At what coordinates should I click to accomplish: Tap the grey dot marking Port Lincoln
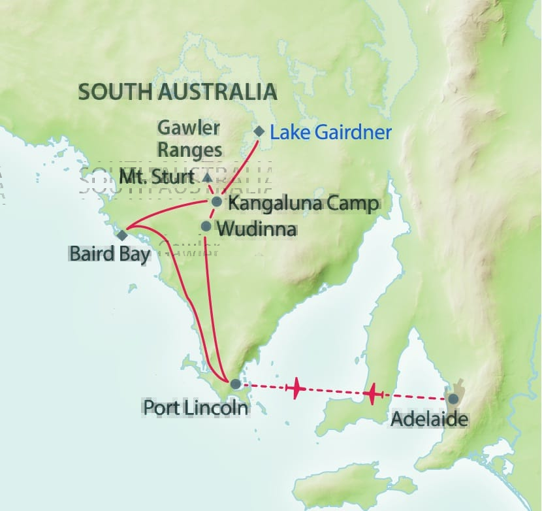point(236,384)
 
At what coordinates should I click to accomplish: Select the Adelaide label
point(429,419)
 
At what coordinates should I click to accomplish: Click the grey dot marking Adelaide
point(453,398)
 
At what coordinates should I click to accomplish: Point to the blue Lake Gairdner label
point(330,133)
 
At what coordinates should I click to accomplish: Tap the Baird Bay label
point(109,253)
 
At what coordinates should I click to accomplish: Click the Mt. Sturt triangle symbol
point(207,177)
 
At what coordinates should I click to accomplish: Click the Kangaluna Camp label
point(302,203)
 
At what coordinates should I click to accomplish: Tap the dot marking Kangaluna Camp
point(216,201)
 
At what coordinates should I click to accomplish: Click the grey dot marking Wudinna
point(206,226)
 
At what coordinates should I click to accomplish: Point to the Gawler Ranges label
point(189,138)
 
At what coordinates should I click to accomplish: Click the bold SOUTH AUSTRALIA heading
point(178,91)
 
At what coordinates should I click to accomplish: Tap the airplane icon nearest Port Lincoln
point(296,388)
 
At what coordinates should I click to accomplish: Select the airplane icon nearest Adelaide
point(372,394)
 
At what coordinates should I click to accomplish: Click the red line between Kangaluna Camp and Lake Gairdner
point(238,166)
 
